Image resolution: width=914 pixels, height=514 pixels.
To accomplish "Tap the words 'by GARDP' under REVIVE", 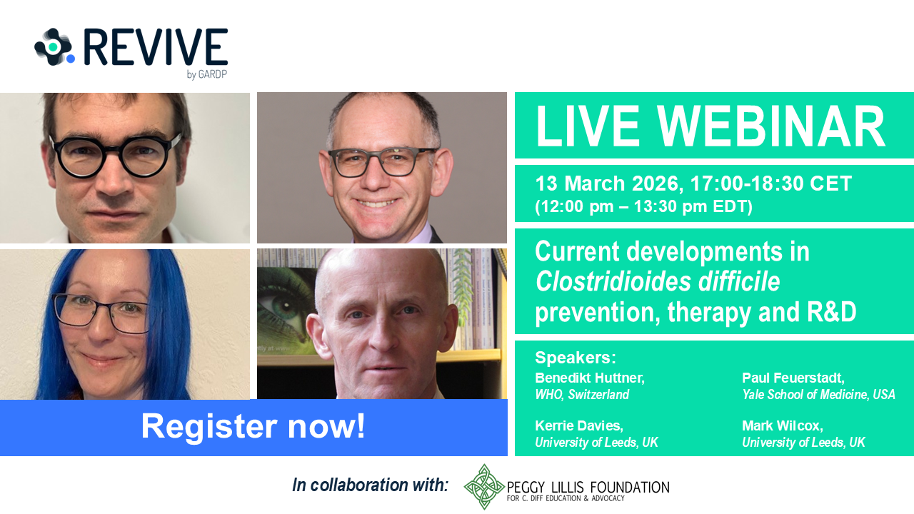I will pyautogui.click(x=206, y=74).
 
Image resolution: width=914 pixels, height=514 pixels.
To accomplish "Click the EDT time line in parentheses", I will pyautogui.click(x=643, y=206).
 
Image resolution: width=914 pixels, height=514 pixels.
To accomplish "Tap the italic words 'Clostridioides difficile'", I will pyautogui.click(x=657, y=283).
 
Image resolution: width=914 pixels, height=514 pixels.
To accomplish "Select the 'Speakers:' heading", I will pyautogui.click(x=575, y=358).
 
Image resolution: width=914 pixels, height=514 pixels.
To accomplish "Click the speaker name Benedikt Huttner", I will pyautogui.click(x=589, y=378).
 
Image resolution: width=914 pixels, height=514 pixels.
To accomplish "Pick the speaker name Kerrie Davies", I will pyautogui.click(x=579, y=426).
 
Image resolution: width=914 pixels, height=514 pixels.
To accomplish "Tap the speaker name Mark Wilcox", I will pyautogui.click(x=783, y=426).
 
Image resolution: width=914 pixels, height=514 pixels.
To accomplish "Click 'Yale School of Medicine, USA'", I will pyautogui.click(x=818, y=395).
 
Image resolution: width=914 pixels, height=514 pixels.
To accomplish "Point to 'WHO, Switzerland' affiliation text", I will pyautogui.click(x=582, y=395).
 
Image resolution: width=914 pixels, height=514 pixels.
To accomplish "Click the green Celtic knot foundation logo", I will pyautogui.click(x=485, y=487).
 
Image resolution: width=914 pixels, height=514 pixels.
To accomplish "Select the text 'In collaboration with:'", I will pyautogui.click(x=370, y=485).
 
